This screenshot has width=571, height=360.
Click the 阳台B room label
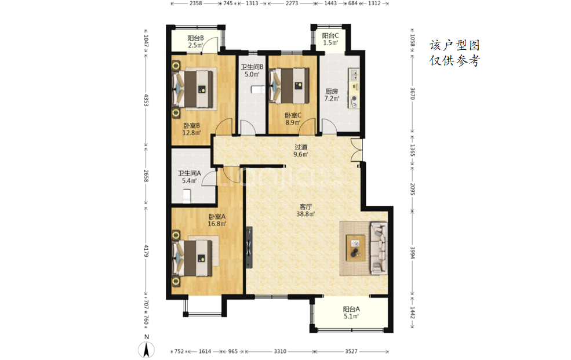[x=195, y=42]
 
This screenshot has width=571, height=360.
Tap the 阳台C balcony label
[x=330, y=39]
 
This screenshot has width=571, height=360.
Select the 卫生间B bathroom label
[x=252, y=71]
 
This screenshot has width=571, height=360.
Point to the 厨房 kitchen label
[x=332, y=94]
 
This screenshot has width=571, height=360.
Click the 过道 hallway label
[x=301, y=151]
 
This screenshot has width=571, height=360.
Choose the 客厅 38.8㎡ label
[x=305, y=210]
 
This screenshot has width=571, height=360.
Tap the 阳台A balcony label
[x=351, y=312]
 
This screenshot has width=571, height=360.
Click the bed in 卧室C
[x=289, y=86]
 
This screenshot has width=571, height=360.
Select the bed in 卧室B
[x=192, y=89]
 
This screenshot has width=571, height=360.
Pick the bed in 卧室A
[x=192, y=259]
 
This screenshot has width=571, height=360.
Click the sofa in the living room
[x=379, y=248]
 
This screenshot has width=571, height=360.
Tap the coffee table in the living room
[x=355, y=248]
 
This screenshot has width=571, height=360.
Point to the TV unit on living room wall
[x=249, y=248]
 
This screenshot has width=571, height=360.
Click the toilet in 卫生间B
[x=258, y=89]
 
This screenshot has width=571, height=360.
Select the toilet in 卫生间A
[x=187, y=196]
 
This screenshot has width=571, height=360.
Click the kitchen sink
[x=354, y=75]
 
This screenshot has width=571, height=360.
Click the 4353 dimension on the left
[x=146, y=100]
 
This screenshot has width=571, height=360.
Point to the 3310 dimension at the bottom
[x=280, y=351]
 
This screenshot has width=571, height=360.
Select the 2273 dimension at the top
[x=292, y=3]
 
